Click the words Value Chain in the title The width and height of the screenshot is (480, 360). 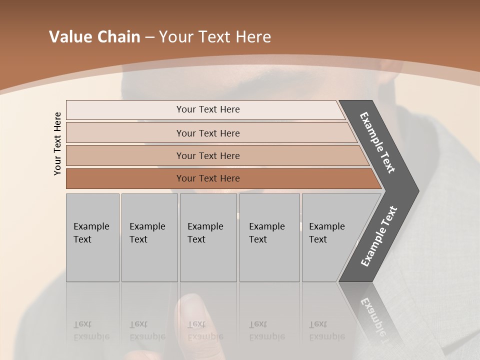[94, 37]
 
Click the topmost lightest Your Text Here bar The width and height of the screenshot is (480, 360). [207, 109]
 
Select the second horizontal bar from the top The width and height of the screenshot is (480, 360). [207, 133]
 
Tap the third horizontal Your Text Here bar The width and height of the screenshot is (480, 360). [207, 155]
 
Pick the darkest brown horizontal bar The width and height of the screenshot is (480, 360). [207, 178]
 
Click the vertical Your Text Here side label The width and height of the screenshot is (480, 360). [57, 143]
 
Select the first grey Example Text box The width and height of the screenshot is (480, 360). [92, 237]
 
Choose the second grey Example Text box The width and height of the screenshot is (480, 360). [149, 237]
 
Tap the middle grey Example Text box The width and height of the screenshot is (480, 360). [208, 237]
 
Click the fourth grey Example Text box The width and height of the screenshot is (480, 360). [269, 237]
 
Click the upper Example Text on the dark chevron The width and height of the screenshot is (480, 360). [378, 142]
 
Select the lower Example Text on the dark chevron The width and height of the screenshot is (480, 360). [379, 236]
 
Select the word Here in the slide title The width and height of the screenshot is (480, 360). [252, 37]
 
